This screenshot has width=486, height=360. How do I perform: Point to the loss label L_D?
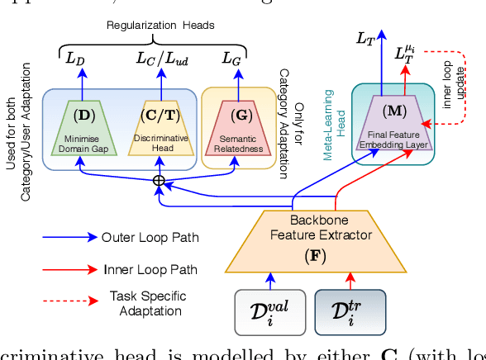pos(75,57)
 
